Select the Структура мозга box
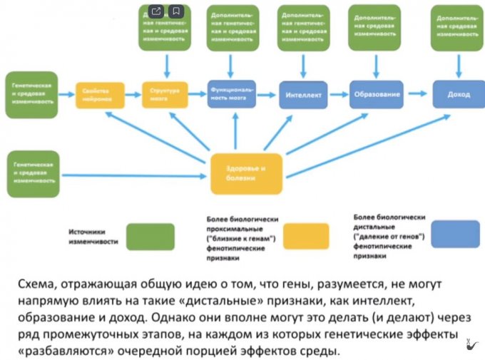[164, 95]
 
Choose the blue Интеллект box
[304, 95]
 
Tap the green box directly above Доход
[458, 27]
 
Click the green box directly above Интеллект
[302, 26]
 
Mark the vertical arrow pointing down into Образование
[374, 63]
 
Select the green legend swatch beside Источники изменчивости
[150, 236]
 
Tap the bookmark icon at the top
[176, 11]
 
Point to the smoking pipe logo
[471, 347]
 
